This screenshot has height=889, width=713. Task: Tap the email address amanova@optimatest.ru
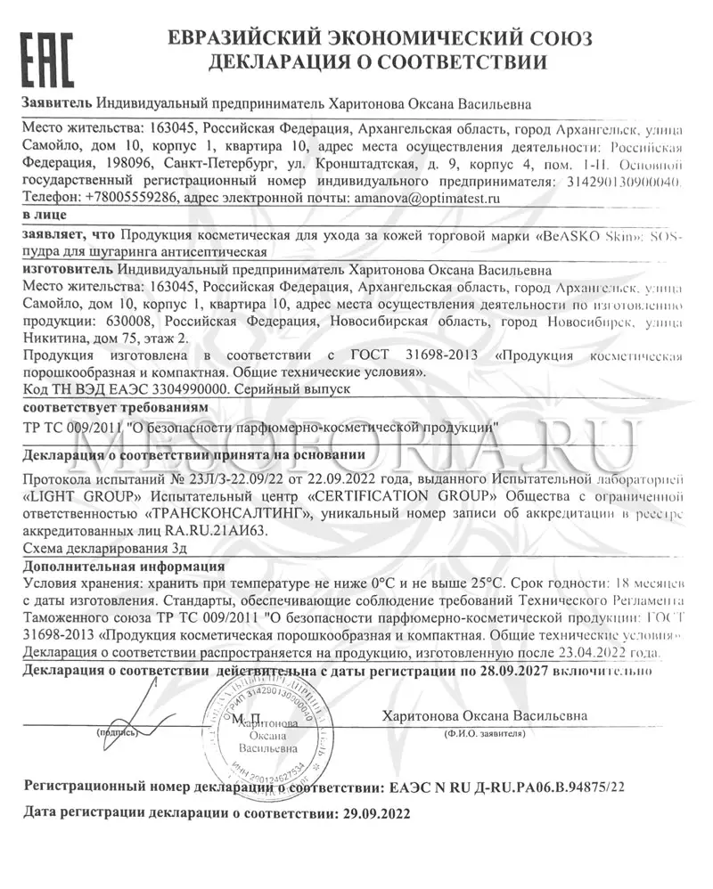(426, 199)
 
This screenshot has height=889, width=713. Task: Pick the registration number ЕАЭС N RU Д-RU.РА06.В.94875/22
(507, 787)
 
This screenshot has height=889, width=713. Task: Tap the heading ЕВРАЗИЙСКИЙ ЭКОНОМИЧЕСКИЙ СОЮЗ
(378, 38)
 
